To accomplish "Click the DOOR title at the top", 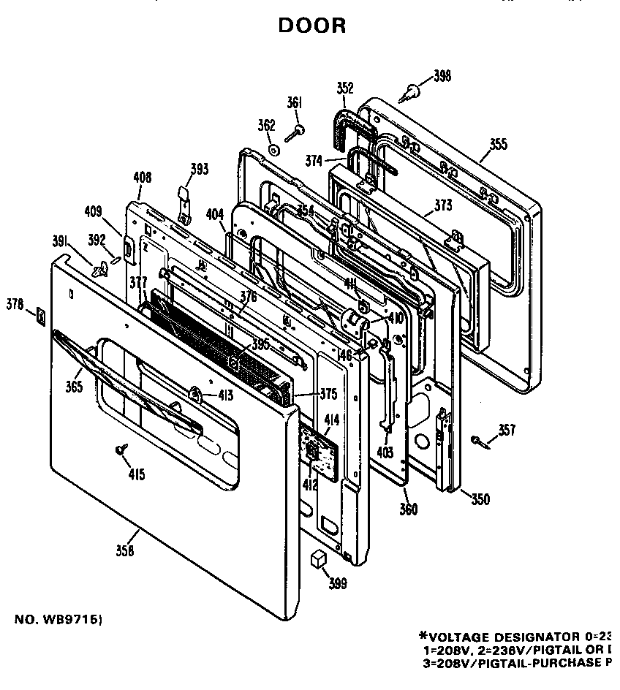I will (x=312, y=26).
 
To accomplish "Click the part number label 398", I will (x=442, y=76).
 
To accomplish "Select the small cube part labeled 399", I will (x=317, y=559).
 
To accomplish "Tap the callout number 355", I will (x=498, y=144).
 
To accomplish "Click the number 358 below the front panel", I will (x=125, y=551).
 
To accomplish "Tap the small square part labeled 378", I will (x=41, y=316).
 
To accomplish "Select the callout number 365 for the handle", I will (x=74, y=387).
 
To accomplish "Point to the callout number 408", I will (x=143, y=176).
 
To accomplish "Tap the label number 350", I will (x=480, y=500).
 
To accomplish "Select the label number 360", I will (x=409, y=509).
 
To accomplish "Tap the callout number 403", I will (x=385, y=452).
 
